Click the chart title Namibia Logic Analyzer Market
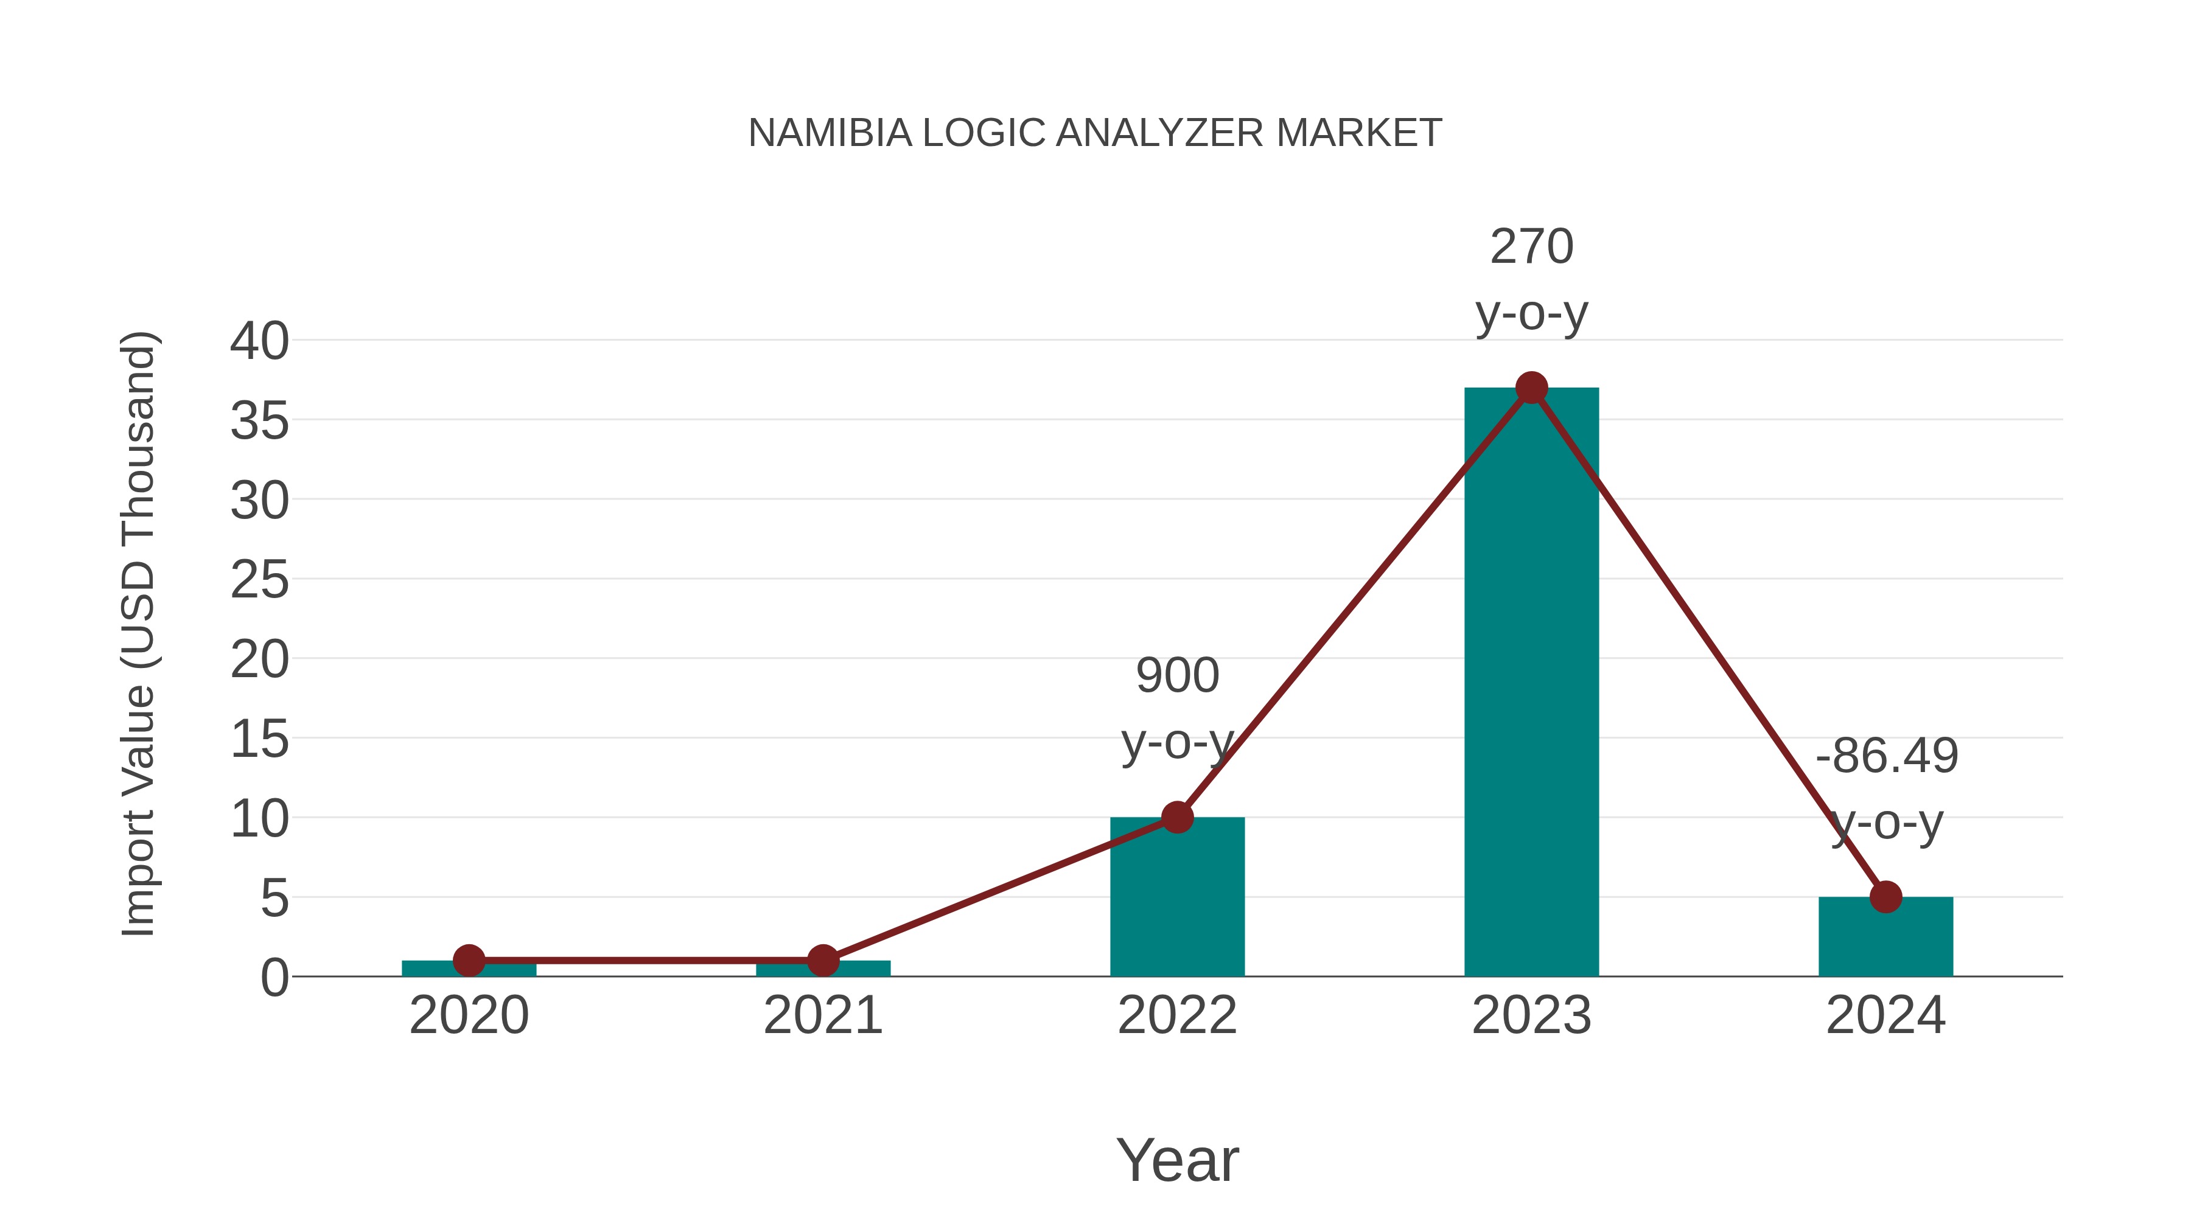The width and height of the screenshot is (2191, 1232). coord(1095,133)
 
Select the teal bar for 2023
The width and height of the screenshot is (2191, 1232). coord(1531,680)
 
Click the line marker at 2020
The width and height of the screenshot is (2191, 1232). coord(469,961)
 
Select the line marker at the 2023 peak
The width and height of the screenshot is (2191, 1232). coord(1531,388)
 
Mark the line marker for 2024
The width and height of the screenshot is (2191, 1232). coord(1885,896)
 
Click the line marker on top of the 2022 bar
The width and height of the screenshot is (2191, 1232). coord(1177,817)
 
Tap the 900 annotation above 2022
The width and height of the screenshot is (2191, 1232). coord(1177,676)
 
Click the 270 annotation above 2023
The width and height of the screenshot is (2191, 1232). coord(1531,246)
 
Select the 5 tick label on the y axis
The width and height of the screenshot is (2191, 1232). coord(274,898)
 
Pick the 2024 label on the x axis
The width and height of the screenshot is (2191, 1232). coord(1885,1015)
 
